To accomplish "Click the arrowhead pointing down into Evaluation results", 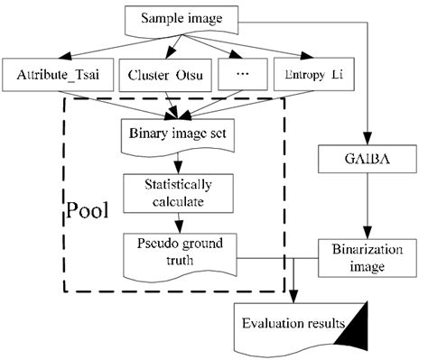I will pos(295,298).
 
